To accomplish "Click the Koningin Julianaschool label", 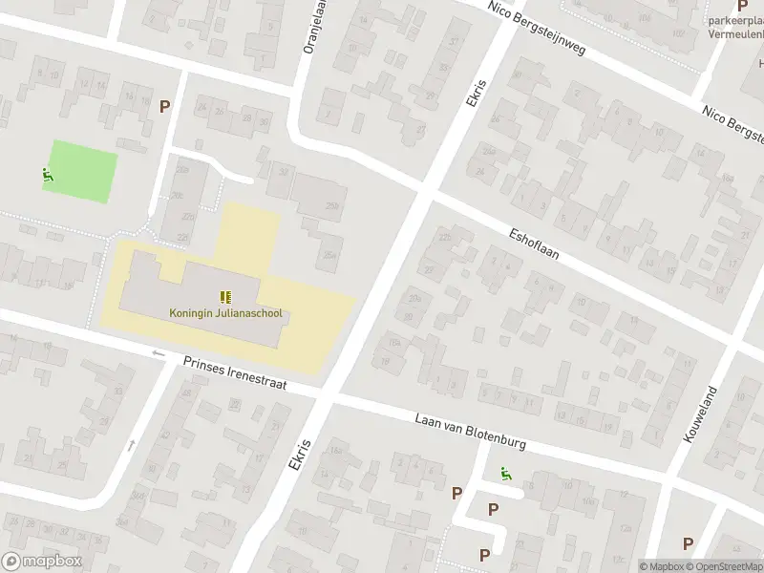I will [x=226, y=312].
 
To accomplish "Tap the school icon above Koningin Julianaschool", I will [x=226, y=297].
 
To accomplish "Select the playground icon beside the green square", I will [x=47, y=175].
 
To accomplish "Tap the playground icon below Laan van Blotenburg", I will [x=503, y=472].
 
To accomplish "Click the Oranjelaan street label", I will [x=308, y=29].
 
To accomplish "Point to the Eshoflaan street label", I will [x=533, y=244].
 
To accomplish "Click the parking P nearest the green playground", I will [x=165, y=107].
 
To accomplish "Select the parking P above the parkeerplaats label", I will [x=742, y=5].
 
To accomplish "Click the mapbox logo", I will [x=41, y=562].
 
